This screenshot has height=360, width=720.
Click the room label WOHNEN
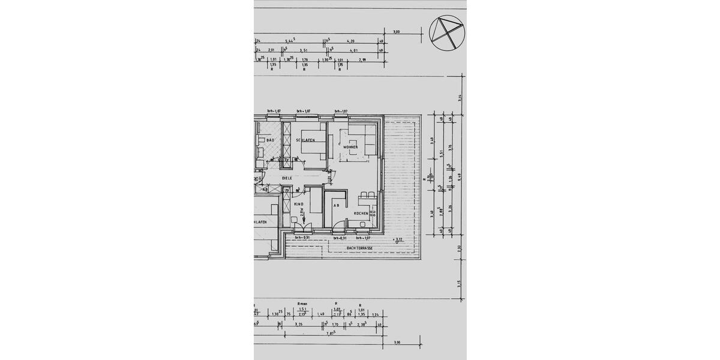[350, 147]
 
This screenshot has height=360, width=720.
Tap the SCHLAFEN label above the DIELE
[305, 140]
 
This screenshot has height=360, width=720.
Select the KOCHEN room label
[360, 214]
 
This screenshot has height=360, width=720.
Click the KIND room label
[299, 205]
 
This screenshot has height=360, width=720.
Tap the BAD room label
[270, 140]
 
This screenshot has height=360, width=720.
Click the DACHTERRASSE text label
[360, 248]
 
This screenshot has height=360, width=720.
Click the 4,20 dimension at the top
[352, 42]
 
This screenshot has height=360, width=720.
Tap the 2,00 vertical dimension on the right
[459, 248]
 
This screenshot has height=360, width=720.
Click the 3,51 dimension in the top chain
[304, 51]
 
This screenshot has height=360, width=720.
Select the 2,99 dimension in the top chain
[362, 60]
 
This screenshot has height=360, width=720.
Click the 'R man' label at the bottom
[302, 304]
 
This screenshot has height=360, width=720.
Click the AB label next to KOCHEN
[336, 205]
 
